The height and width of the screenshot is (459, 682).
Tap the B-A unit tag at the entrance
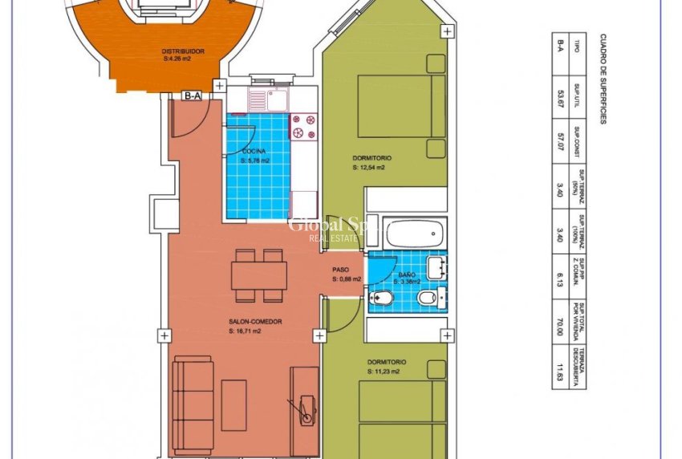click(x=192, y=96)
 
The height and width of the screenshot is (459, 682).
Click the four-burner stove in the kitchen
click(x=303, y=127)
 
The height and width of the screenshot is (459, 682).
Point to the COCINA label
click(x=254, y=152)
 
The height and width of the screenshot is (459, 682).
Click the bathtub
click(x=414, y=234)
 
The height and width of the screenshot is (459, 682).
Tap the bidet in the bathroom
click(x=381, y=299)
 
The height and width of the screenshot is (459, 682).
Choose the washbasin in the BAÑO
click(x=436, y=267)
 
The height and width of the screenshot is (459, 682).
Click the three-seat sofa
click(x=193, y=398)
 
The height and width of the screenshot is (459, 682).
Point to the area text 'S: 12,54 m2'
click(x=368, y=169)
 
